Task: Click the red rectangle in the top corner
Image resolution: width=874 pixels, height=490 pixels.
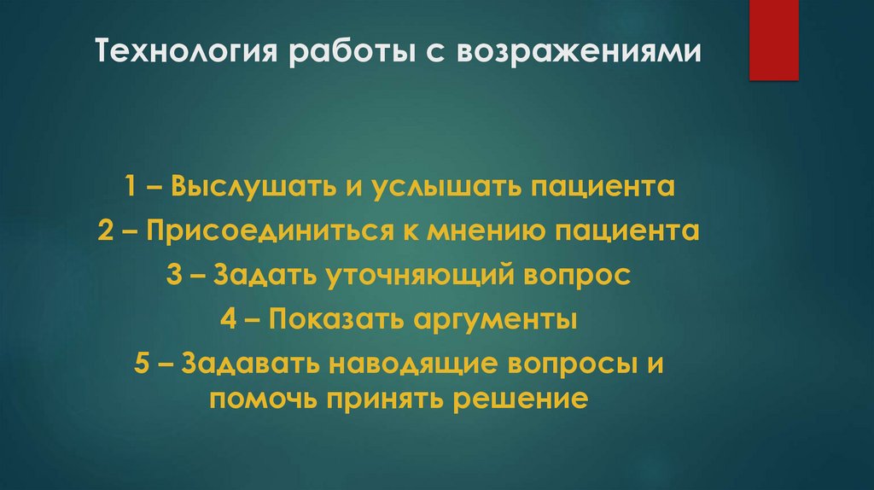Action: tap(773, 39)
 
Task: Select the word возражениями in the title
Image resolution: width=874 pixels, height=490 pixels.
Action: tap(581, 54)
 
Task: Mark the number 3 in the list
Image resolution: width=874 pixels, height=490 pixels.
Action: tap(173, 277)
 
